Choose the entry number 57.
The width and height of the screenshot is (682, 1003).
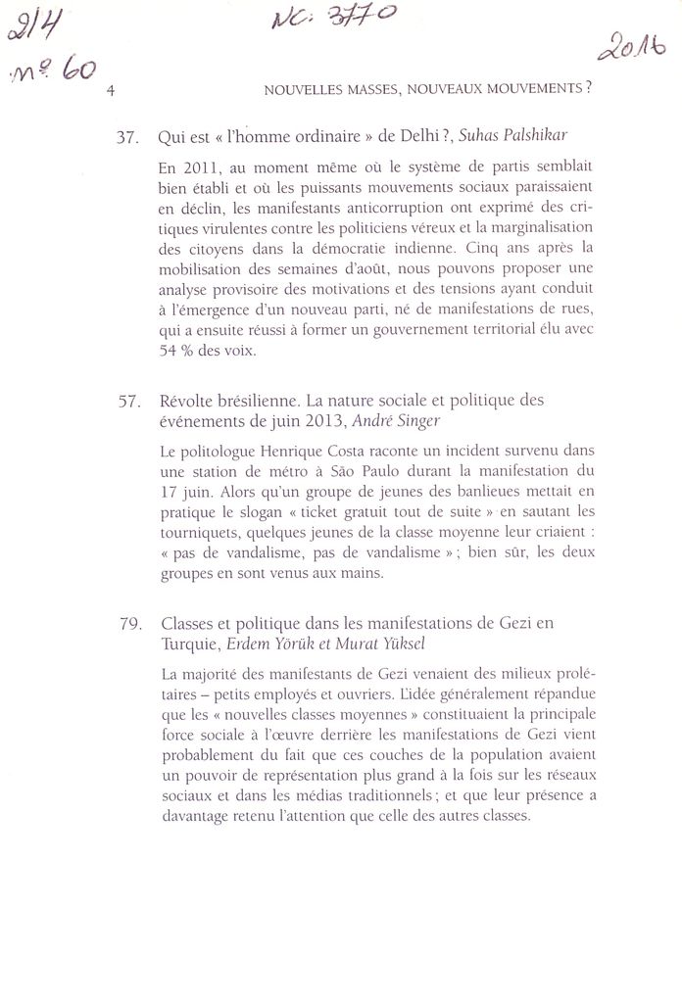(127, 402)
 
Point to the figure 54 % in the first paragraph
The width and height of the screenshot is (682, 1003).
(177, 351)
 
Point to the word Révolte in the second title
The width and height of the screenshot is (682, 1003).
(185, 402)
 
